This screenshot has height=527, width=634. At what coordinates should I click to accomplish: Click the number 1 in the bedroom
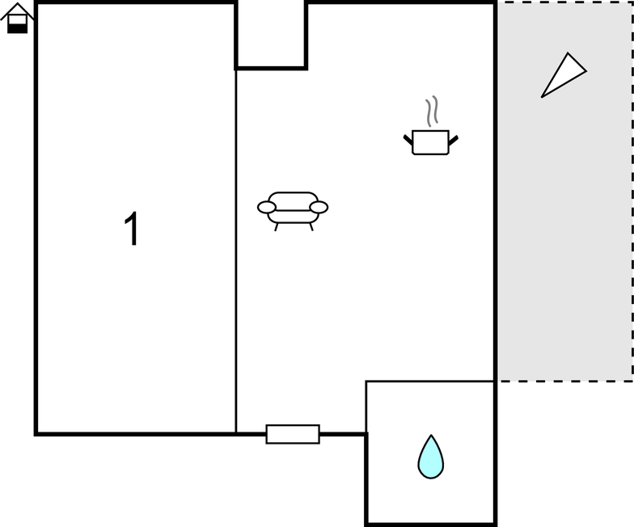coord(132,228)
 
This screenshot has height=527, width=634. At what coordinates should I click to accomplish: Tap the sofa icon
coord(293,211)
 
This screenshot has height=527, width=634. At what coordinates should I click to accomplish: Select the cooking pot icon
coord(430,141)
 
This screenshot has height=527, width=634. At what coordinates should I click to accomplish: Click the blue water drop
coord(430,457)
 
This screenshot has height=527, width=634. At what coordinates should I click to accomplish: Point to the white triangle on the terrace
coord(563,76)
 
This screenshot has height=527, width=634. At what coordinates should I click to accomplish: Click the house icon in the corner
coord(17,18)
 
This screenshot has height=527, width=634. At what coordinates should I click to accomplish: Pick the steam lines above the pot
coord(432,112)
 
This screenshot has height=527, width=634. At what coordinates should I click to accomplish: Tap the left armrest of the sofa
coord(267,207)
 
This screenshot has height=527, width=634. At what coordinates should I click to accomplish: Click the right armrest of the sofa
coord(319,207)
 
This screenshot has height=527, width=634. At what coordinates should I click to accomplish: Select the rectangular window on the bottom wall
coord(293,434)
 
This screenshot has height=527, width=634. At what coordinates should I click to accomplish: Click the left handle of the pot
coord(408,141)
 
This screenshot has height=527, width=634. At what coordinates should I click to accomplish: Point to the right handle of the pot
coord(453,141)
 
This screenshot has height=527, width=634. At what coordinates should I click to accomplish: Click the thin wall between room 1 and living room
coord(236,251)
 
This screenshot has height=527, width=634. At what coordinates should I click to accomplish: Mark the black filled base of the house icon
coord(18,28)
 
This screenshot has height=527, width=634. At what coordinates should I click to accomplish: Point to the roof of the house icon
coord(17,11)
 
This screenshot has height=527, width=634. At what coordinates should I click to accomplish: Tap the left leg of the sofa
coord(277,227)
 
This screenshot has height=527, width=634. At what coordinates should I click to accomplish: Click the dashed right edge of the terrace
coord(632,191)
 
